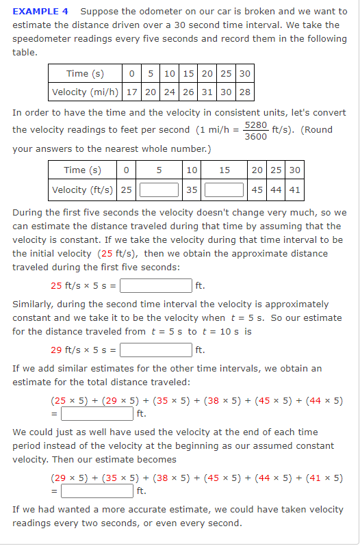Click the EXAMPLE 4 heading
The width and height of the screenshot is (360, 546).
point(40,12)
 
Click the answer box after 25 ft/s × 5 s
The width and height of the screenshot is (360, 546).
point(157,285)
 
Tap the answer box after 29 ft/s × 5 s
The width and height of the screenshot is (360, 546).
point(157,351)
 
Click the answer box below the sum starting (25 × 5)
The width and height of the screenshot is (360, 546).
point(98,413)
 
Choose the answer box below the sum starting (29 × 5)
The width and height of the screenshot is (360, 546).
point(98,491)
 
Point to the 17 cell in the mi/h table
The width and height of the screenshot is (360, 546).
point(131,92)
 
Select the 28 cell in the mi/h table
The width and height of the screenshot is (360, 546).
point(244,92)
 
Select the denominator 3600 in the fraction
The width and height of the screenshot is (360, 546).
point(256,136)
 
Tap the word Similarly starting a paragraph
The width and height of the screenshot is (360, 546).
point(33,304)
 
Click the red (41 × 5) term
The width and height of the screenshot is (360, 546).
point(327,478)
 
